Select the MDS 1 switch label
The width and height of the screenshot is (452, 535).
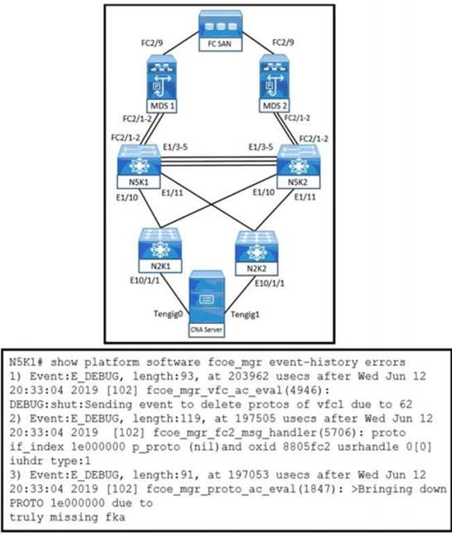pos(163,106)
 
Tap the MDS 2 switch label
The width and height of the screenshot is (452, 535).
pos(275,106)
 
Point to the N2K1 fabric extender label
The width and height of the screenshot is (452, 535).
pos(160,266)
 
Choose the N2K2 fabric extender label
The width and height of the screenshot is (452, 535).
pos(256,269)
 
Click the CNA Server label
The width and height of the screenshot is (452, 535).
pos(207,330)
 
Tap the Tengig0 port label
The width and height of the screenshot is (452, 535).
pos(168,313)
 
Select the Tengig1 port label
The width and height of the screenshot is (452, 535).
pos(245,314)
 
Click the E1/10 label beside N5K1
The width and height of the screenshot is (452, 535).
pos(127,197)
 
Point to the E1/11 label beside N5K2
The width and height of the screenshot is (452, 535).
pos(305,197)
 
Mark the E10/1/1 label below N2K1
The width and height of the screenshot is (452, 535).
pos(144,281)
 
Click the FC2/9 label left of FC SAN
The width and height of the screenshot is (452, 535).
pos(152,43)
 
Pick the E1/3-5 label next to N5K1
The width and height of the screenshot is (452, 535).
pos(175,147)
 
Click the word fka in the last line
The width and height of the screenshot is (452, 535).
pos(115,517)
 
